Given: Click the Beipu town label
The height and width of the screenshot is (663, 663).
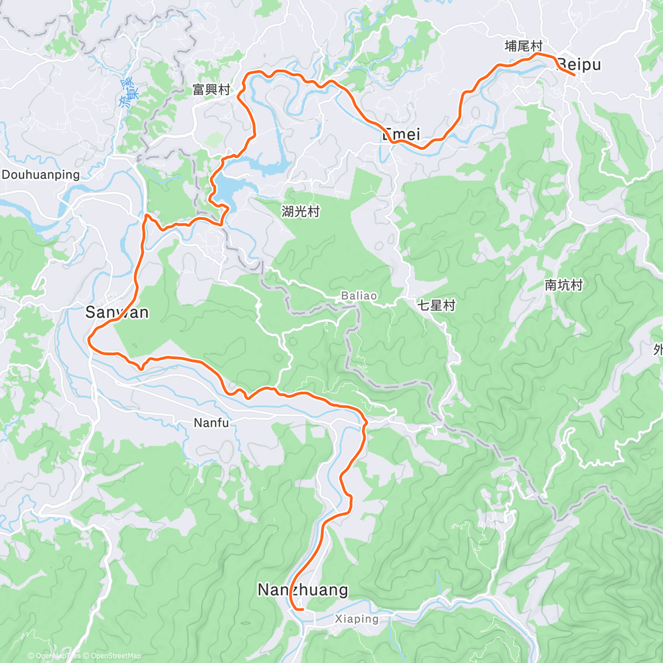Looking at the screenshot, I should [578, 65].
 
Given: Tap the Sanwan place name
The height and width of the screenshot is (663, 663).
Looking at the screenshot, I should [117, 312].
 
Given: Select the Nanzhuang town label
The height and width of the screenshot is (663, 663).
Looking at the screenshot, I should [303, 590].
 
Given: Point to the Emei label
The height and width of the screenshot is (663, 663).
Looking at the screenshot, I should [401, 134].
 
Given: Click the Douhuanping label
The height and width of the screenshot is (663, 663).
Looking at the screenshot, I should [41, 175].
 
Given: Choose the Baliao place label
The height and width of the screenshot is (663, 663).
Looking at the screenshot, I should [359, 296].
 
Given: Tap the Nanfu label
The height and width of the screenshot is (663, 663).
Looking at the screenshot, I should [211, 423].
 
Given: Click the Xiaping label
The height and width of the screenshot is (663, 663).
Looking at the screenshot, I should [357, 619].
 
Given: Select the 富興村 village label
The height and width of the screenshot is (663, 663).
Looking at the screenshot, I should [211, 90].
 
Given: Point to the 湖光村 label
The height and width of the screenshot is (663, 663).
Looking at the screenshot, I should [301, 211].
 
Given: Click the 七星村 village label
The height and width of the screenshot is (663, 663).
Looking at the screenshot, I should [436, 305].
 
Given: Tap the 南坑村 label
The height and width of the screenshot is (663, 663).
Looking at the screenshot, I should [564, 285].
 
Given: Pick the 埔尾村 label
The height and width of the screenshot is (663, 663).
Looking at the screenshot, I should [523, 46].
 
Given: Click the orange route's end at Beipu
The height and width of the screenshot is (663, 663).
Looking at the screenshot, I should [575, 75].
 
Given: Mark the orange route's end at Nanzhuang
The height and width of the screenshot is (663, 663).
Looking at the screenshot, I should [303, 609].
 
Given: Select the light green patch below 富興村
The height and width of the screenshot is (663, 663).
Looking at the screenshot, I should [212, 139].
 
